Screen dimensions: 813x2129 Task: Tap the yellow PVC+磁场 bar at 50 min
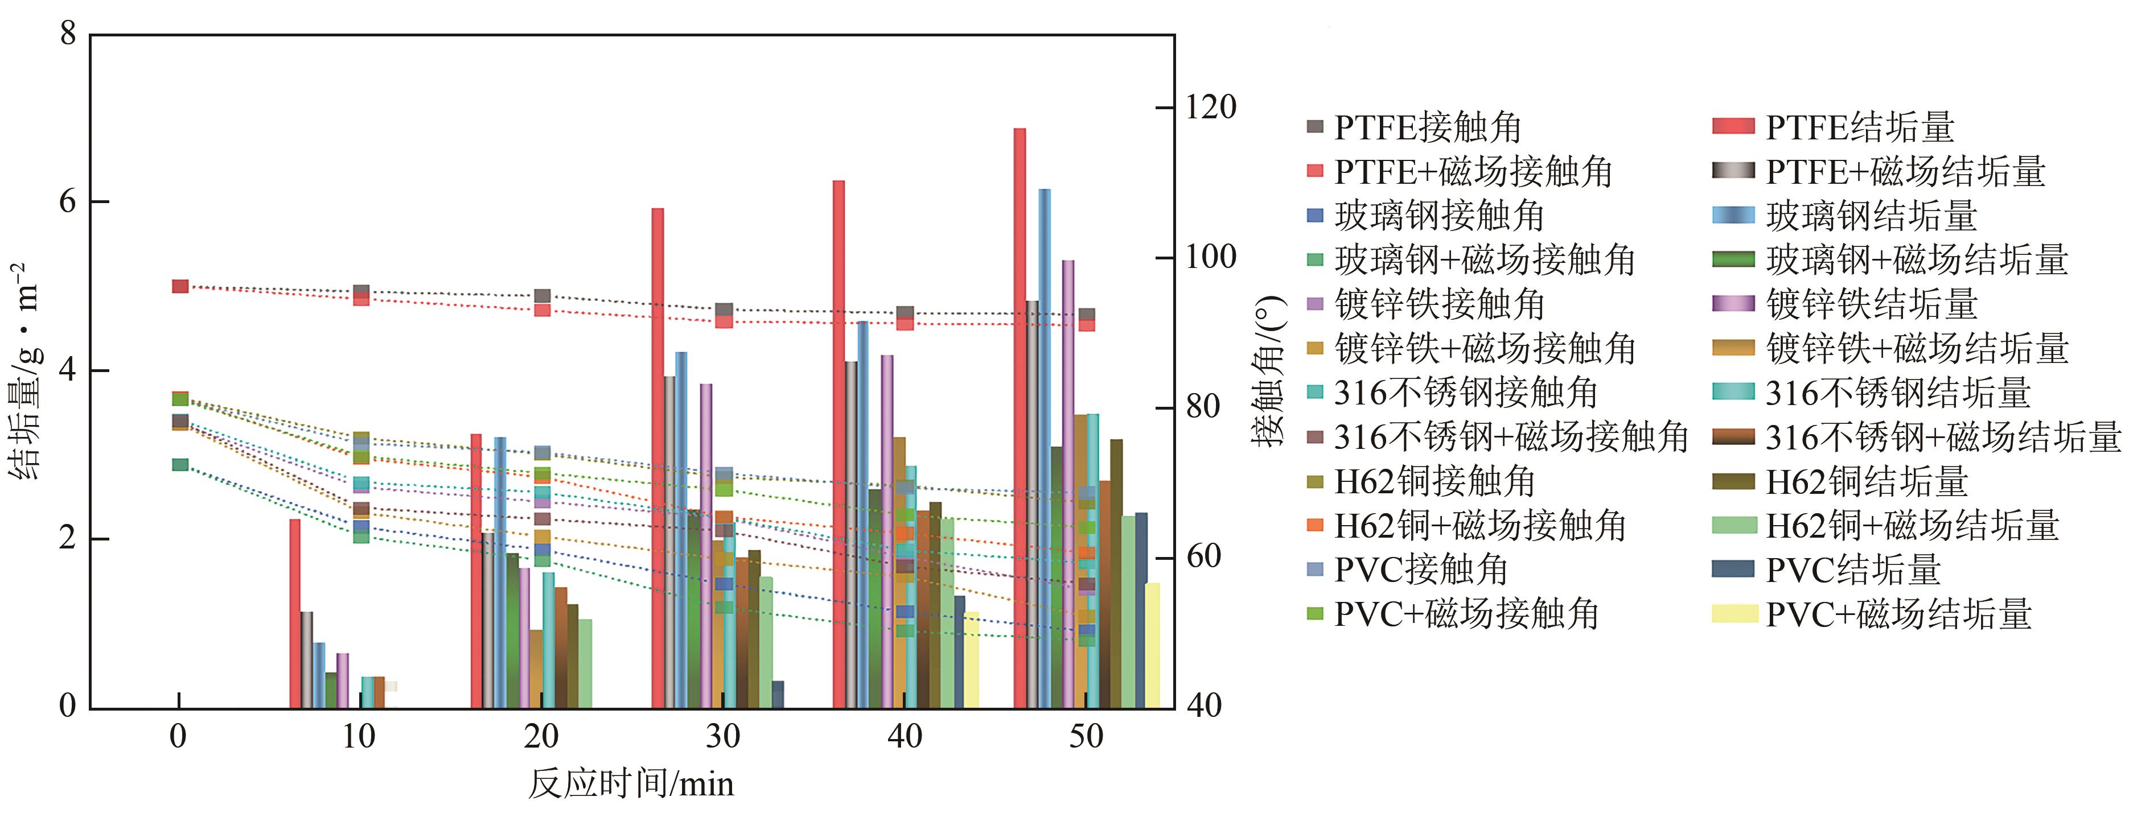pos(1152,645)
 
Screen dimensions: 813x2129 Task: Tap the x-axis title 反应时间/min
pos(631,782)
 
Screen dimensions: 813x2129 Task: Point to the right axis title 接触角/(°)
pos(1269,372)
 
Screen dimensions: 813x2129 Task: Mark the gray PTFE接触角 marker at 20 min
pos(542,296)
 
